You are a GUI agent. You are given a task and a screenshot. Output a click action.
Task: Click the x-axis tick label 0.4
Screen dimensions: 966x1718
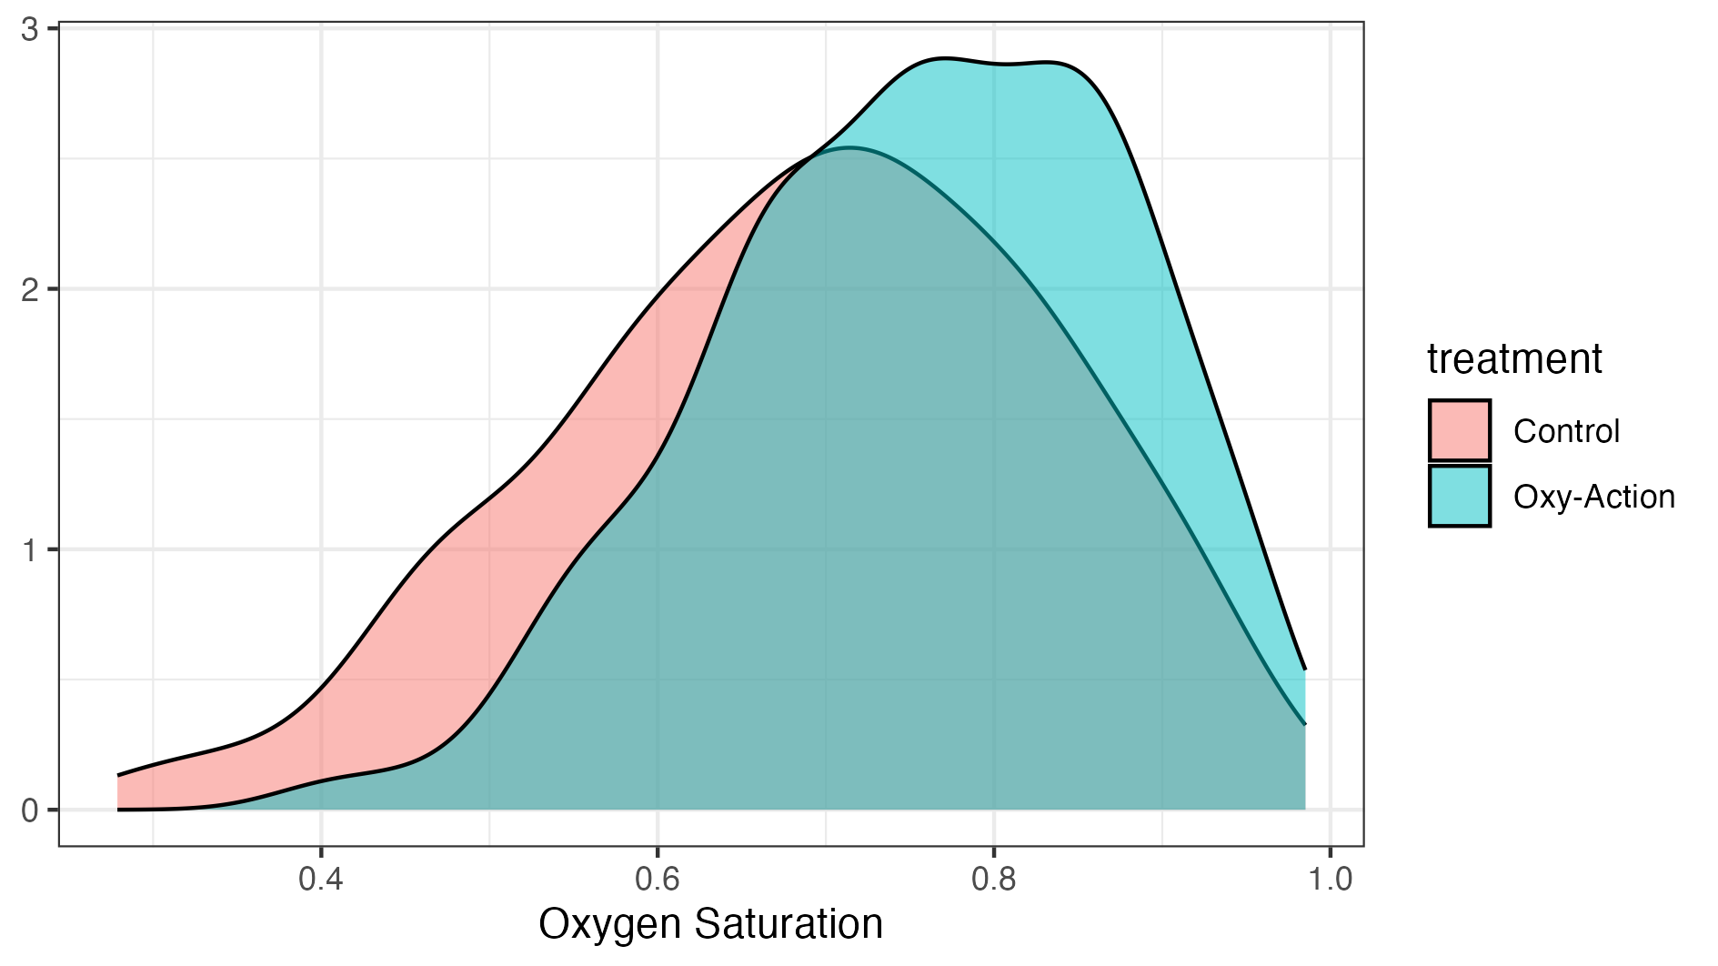click(x=321, y=880)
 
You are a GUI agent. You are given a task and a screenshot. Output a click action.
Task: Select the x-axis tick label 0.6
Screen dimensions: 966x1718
click(x=658, y=880)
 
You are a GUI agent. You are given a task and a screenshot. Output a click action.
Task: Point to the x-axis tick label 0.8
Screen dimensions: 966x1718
click(x=994, y=880)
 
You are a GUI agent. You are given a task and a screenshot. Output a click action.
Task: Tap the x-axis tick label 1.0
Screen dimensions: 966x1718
click(x=1331, y=880)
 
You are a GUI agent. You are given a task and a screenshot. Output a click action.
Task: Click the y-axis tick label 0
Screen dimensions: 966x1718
click(x=30, y=810)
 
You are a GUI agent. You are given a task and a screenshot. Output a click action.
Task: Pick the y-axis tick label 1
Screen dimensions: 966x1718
click(x=30, y=550)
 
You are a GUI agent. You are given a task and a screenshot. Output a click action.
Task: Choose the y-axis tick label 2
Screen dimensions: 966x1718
click(x=30, y=290)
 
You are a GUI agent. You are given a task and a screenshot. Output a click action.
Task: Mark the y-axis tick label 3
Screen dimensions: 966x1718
click(x=30, y=30)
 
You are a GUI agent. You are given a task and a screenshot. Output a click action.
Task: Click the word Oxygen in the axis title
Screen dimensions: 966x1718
click(x=610, y=925)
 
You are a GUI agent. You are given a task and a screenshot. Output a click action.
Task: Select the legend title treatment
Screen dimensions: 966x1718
click(x=1514, y=358)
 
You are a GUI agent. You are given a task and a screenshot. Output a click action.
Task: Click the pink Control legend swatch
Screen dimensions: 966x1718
click(x=1459, y=430)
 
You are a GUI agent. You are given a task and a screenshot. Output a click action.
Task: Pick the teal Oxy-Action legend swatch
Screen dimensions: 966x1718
click(x=1459, y=496)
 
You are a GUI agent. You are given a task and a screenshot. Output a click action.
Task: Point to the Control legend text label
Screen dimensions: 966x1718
click(x=1566, y=431)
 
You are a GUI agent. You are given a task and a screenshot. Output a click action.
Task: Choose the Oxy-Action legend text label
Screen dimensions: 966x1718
click(x=1593, y=497)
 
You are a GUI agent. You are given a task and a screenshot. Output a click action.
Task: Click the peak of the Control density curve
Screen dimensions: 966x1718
click(x=849, y=147)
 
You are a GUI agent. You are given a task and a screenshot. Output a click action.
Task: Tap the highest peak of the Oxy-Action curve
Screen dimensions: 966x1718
click(x=944, y=59)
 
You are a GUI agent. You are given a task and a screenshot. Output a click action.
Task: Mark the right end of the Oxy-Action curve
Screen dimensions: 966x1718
click(x=1305, y=669)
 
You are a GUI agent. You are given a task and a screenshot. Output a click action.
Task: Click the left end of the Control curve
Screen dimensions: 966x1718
click(x=118, y=776)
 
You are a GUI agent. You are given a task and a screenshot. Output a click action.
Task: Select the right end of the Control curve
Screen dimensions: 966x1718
click(x=1305, y=725)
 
